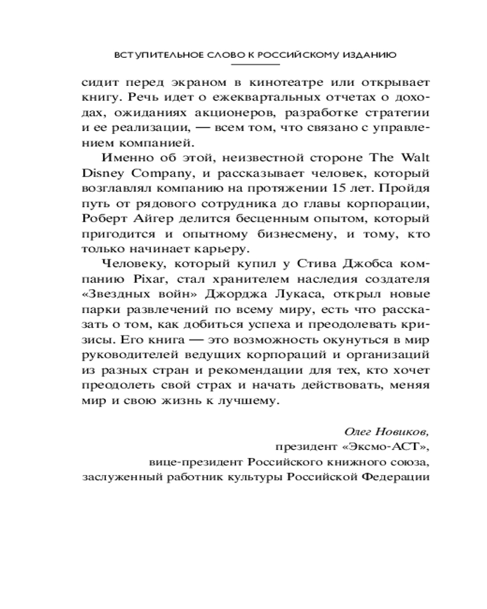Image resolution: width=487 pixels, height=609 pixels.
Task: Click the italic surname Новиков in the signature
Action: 403,431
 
